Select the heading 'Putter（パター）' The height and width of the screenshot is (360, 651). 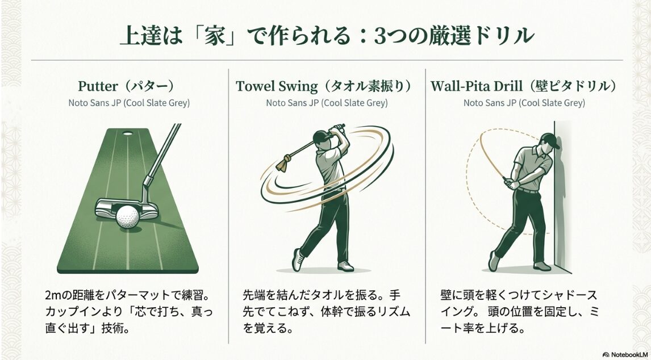click(126, 86)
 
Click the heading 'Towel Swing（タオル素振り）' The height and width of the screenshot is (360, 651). click(327, 86)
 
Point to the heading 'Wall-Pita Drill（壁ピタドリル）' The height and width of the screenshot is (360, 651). click(524, 86)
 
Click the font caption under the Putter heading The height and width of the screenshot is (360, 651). click(129, 103)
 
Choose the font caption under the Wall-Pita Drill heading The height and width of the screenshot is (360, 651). click(524, 103)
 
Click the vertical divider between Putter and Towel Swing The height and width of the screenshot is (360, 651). click(229, 204)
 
